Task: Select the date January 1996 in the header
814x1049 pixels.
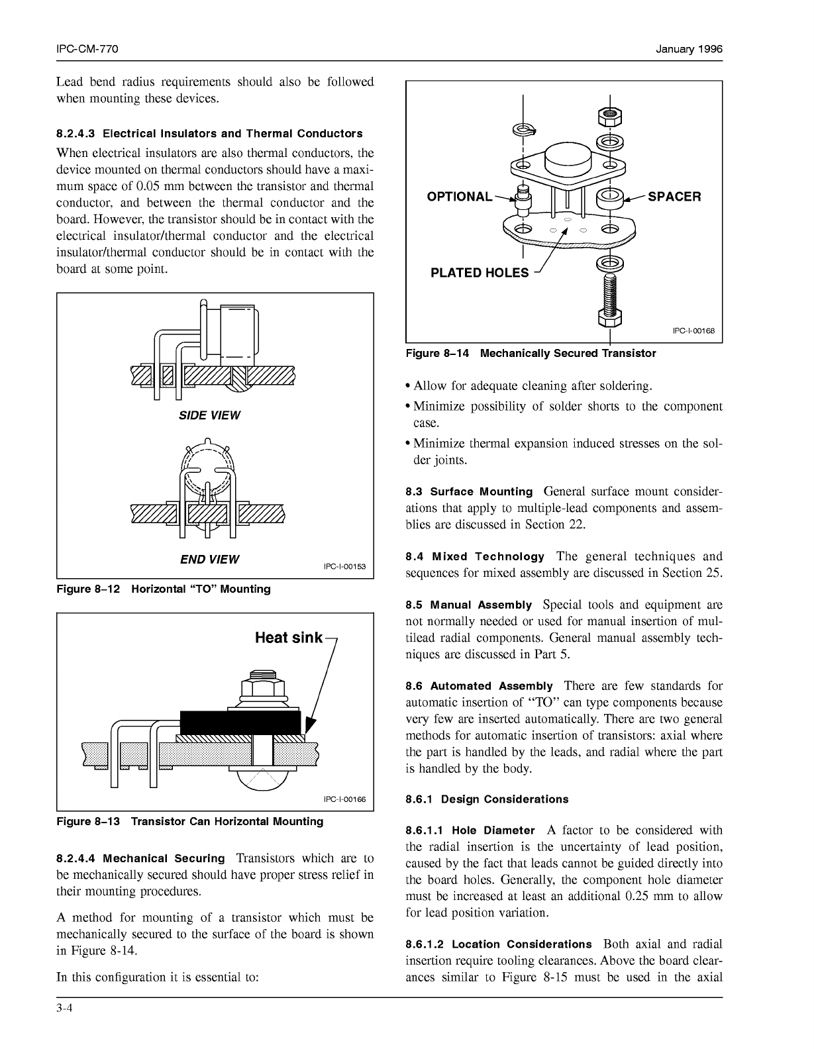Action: pos(689,50)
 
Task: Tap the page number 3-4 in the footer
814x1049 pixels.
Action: pos(64,1010)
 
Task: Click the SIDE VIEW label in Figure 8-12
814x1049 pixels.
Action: pos(209,415)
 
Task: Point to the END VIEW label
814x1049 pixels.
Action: pos(209,559)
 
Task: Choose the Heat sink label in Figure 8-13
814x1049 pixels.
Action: pos(289,638)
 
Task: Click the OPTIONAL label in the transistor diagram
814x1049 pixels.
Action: pos(460,197)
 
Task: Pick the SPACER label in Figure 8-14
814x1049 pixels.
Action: pos(674,197)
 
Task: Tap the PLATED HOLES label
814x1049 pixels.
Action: pos(480,273)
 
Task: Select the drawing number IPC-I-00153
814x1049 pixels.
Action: pos(344,566)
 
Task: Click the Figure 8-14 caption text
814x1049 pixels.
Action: pos(531,354)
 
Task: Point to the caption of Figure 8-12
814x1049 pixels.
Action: pos(164,589)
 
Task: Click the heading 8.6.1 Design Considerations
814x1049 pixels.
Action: pos(487,799)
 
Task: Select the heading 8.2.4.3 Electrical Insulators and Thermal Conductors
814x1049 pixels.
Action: pos(209,133)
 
